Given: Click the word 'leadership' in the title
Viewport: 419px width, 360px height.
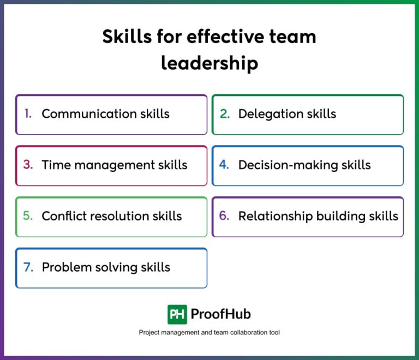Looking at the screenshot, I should point(209,63).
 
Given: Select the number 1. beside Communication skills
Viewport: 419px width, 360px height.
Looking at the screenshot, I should point(28,114).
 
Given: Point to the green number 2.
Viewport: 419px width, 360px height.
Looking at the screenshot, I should point(225,114).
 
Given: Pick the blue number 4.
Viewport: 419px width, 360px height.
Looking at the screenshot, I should point(224,165).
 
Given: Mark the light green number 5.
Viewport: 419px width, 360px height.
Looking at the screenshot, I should point(28,216).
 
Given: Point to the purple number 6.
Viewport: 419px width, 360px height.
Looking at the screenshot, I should point(224,216).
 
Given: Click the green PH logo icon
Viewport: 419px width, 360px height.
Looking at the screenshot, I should point(177,314).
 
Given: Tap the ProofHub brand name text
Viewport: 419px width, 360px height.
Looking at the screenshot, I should point(220,314).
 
